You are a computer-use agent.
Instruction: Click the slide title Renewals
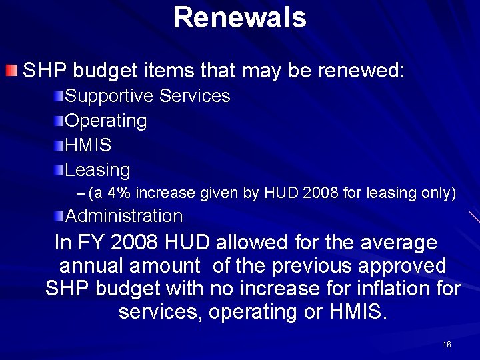pyautogui.click(x=239, y=17)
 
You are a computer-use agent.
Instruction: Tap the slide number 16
pyautogui.click(x=447, y=344)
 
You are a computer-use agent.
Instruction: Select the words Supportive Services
pyautogui.click(x=148, y=96)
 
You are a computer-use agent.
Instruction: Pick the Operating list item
pyautogui.click(x=106, y=121)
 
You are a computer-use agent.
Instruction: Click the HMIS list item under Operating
pyautogui.click(x=89, y=145)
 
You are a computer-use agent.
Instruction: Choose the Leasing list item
pyautogui.click(x=98, y=169)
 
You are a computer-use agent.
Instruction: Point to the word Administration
pyautogui.click(x=124, y=216)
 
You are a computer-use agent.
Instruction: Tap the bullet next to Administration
pyautogui.click(x=60, y=215)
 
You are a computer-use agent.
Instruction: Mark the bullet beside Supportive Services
pyautogui.click(x=60, y=97)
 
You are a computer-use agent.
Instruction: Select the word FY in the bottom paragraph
pyautogui.click(x=89, y=242)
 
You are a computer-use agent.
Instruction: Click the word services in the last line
pyautogui.click(x=157, y=311)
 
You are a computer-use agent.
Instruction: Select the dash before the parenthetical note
pyautogui.click(x=81, y=193)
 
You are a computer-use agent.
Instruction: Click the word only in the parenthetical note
pyautogui.click(x=438, y=193)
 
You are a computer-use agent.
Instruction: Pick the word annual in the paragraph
pyautogui.click(x=93, y=265)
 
